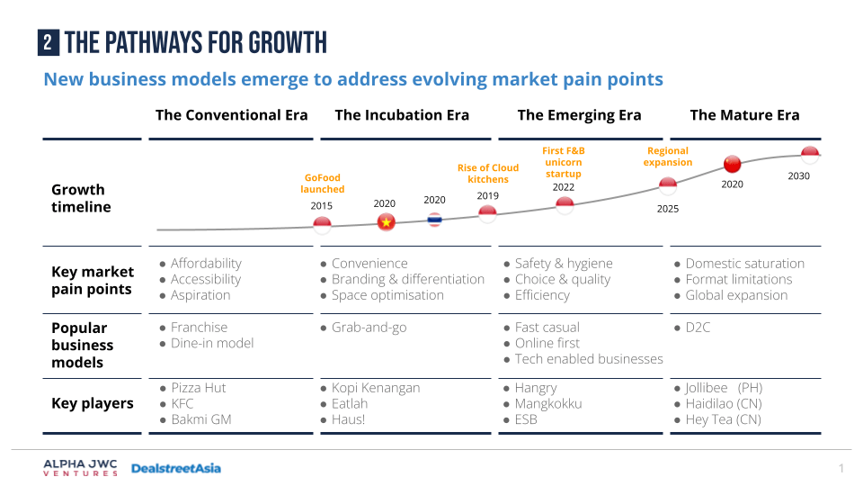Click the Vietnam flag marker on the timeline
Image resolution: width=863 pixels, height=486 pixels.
387,221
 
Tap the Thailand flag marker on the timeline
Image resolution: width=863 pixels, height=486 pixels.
435,219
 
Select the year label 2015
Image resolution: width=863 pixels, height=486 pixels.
322,206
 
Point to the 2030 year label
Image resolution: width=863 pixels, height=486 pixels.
799,176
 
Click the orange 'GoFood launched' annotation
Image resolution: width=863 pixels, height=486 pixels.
323,184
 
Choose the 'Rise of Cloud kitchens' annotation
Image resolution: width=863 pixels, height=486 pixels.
488,174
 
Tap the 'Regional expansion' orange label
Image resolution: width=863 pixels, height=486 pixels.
668,157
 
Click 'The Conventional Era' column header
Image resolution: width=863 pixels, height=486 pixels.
231,114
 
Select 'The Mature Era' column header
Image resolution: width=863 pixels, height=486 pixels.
744,114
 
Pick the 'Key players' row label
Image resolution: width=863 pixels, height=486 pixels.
93,403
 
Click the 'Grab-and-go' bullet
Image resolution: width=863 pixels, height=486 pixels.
369,328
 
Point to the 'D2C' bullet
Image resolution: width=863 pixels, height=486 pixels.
698,328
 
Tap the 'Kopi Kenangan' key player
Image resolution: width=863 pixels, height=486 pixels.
376,388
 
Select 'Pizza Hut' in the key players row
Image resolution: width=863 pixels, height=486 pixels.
199,388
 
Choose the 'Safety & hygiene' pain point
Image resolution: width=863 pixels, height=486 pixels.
564,264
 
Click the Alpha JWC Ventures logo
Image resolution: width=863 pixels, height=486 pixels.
80,468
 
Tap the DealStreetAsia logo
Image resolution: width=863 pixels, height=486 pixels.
175,468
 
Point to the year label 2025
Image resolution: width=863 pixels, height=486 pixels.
668,209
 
